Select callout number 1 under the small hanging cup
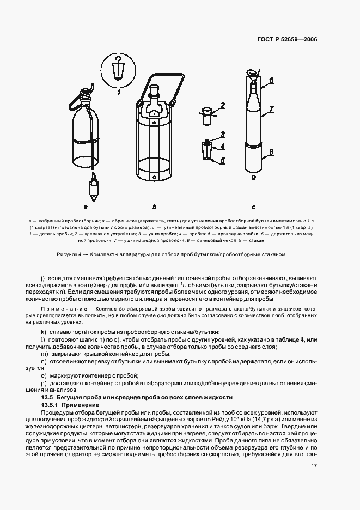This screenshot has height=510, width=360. point(117,93)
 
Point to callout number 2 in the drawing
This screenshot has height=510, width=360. point(222,105)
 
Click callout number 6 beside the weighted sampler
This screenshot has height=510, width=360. point(271,81)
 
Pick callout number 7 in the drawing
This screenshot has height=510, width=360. point(271,109)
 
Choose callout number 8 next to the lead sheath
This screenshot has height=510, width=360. point(271,153)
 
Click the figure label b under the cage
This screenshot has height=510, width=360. point(154,208)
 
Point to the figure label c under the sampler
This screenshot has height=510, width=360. point(254,208)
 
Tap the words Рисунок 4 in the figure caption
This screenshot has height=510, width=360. point(66,254)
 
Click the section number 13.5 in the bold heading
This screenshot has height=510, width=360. point(48,398)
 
